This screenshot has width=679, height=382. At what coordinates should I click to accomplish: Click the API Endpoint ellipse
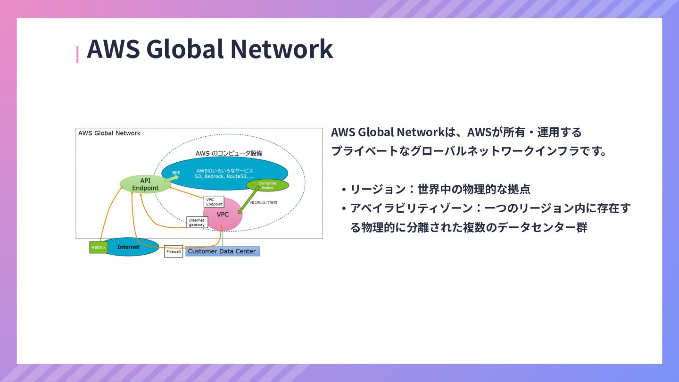point(145,184)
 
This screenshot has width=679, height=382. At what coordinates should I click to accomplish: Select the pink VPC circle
point(223,215)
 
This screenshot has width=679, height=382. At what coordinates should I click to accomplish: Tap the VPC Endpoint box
point(214,202)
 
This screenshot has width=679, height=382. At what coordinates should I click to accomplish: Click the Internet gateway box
point(197,222)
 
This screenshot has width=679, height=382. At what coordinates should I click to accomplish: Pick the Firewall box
point(174,251)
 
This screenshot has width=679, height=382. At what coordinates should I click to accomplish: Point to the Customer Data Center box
point(222,251)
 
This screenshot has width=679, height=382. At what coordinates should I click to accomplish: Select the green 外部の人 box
point(99,247)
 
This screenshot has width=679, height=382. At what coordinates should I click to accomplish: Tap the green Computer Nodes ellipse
point(267,185)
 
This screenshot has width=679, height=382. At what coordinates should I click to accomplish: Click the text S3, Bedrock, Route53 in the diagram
point(224,176)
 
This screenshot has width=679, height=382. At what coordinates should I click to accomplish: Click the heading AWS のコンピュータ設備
point(229,153)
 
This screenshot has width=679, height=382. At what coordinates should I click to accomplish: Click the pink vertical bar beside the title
point(77,54)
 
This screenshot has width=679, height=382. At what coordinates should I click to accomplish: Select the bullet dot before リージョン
point(344,190)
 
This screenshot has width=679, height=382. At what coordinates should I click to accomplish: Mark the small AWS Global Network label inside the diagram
point(109,133)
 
